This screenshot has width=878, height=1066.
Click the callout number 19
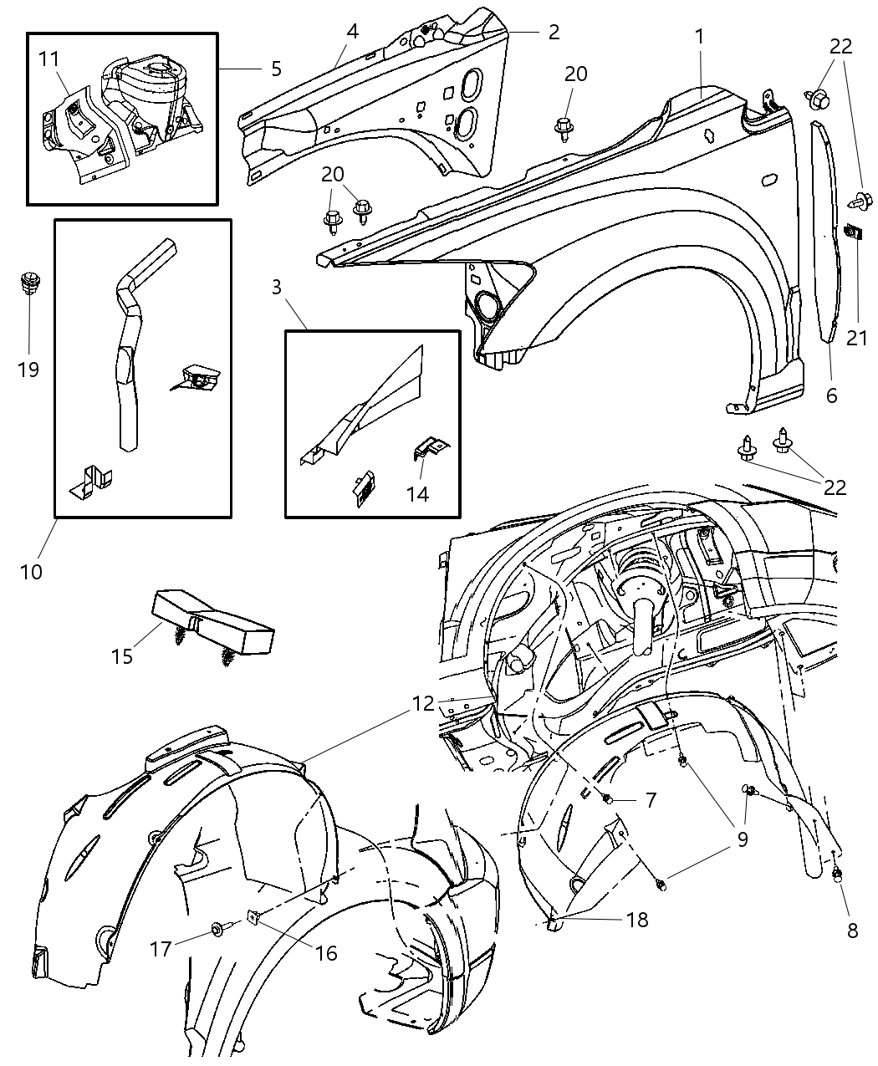[x=28, y=369]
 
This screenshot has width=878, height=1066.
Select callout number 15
[x=122, y=656]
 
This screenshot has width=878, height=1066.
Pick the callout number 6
[x=831, y=395]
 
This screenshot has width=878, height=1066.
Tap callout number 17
[x=161, y=949]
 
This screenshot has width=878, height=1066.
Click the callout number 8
[x=852, y=930]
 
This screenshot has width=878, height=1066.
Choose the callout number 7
[x=651, y=800]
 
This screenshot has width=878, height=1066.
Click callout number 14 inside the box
[x=417, y=493]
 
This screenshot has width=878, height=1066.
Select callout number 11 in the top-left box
[x=49, y=59]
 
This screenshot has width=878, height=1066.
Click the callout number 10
[x=32, y=572]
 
